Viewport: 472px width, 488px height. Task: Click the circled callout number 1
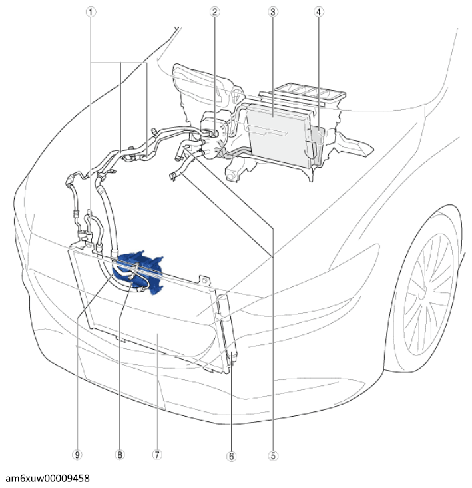[x=91, y=12]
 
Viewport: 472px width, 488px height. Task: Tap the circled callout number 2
[x=214, y=12]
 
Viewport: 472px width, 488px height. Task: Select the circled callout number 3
[x=272, y=12]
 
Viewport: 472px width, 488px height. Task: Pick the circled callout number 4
[x=318, y=12]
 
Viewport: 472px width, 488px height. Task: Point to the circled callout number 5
[x=273, y=456]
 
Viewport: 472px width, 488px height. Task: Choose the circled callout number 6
[x=231, y=457]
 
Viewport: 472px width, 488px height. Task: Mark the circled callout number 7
[x=157, y=455]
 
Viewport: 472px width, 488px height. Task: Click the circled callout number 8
[x=119, y=455]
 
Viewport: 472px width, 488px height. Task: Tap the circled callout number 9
[x=77, y=455]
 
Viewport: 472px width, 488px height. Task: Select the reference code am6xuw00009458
[x=48, y=479]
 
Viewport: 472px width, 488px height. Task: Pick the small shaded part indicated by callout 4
[x=318, y=144]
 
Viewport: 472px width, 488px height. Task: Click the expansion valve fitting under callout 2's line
[x=214, y=134]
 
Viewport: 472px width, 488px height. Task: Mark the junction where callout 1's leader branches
[x=120, y=63]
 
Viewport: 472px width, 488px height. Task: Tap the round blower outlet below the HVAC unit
[x=231, y=176]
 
